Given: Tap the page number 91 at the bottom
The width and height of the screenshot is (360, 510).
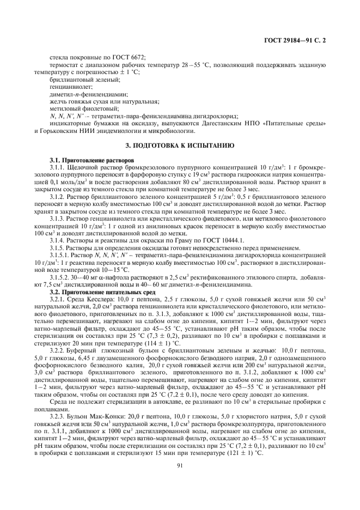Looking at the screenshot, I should click(179, 465).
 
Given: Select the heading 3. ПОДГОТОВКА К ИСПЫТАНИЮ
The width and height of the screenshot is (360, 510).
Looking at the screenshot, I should click(179, 147).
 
